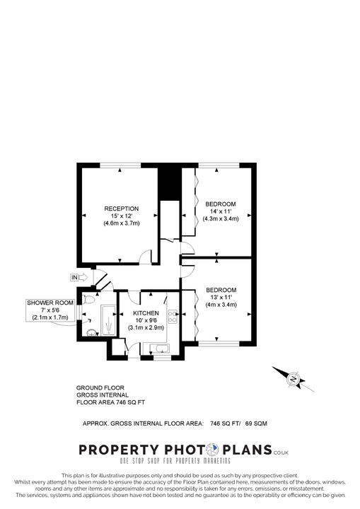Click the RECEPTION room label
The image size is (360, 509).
click(121, 208)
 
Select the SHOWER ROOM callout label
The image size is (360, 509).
click(50, 303)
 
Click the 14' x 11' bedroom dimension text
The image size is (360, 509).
click(221, 211)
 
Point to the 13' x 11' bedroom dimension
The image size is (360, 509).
click(221, 298)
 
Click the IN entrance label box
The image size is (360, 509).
click(74, 276)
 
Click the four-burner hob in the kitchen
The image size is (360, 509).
click(172, 315)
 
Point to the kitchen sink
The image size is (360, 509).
click(159, 346)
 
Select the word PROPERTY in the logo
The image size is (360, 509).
click(118, 450)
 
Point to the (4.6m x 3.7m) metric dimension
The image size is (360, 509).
click(121, 223)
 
